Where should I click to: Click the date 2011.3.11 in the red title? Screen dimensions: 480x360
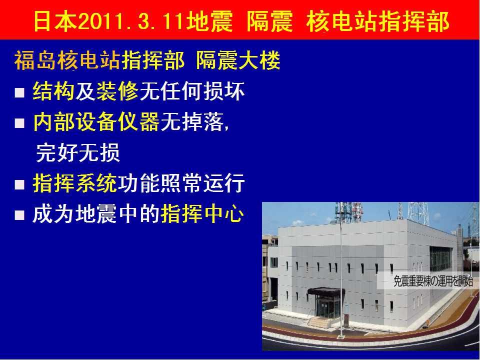(x=131, y=21)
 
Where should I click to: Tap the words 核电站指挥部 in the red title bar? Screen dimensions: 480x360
(x=377, y=21)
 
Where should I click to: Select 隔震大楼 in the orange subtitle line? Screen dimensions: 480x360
(x=238, y=60)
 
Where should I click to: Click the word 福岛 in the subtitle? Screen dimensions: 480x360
(x=35, y=60)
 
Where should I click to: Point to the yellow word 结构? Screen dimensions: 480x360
(x=53, y=91)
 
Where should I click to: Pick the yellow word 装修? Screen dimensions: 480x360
(x=117, y=91)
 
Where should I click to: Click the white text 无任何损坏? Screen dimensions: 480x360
(x=192, y=91)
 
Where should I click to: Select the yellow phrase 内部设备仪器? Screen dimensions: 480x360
(x=96, y=122)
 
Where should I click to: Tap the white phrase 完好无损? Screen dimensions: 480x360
(x=78, y=152)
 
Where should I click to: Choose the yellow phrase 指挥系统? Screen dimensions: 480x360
(x=75, y=183)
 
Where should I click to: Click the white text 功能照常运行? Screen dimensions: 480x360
(x=181, y=183)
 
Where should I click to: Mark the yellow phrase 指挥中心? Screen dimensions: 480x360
(x=202, y=213)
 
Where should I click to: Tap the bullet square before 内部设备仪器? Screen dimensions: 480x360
(x=19, y=123)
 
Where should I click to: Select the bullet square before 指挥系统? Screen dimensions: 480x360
(x=19, y=184)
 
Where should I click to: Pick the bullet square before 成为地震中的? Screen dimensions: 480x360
(x=19, y=215)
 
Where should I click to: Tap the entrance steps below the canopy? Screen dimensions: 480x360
(x=319, y=322)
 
